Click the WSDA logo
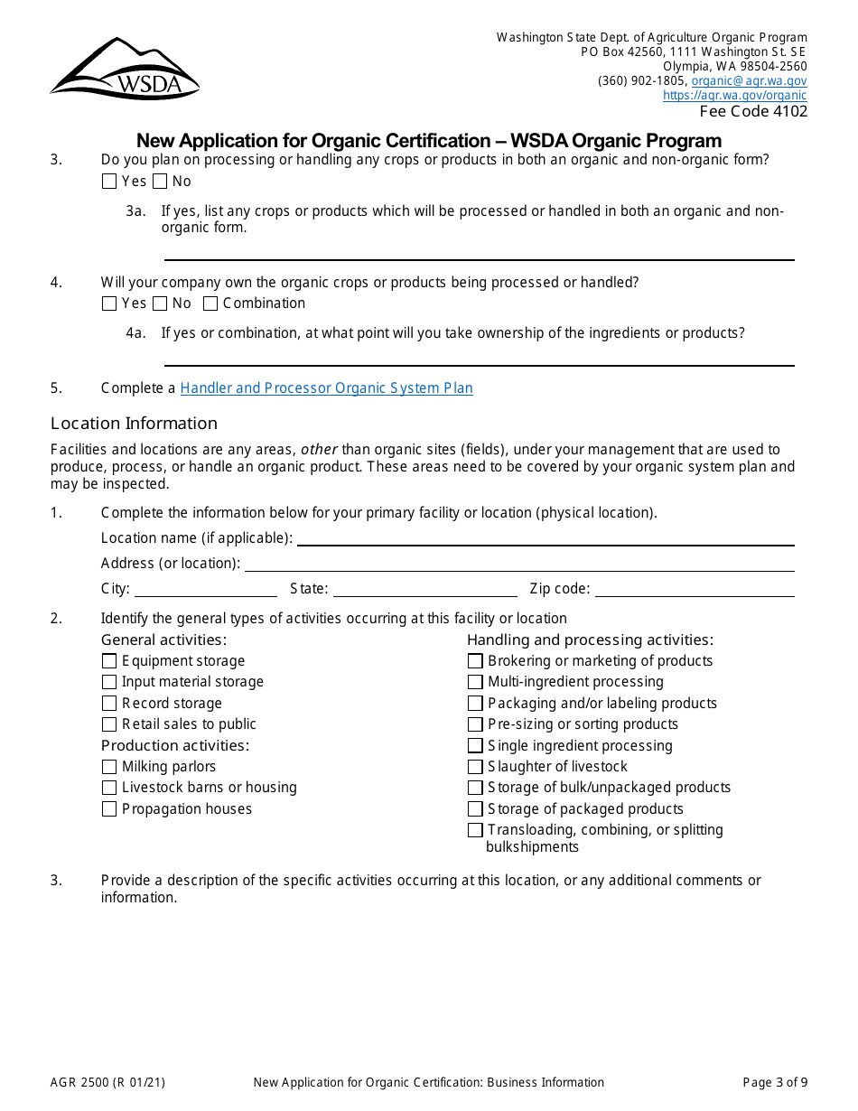pyautogui.click(x=125, y=69)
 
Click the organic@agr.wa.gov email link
pyautogui.click(x=749, y=80)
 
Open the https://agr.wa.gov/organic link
pyautogui.click(x=734, y=95)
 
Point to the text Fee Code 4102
pyautogui.click(x=753, y=111)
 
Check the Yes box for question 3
pyautogui.click(x=109, y=181)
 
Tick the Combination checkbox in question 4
pyautogui.click(x=210, y=303)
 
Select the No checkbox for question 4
pyautogui.click(x=160, y=303)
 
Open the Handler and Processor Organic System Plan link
pyautogui.click(x=326, y=387)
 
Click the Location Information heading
pyautogui.click(x=134, y=423)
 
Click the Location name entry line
pyautogui.click(x=546, y=538)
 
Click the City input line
pyautogui.click(x=206, y=590)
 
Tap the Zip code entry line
pyautogui.click(x=694, y=590)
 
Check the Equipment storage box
pyautogui.click(x=109, y=661)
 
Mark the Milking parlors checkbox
pyautogui.click(x=109, y=767)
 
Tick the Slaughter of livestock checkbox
pyautogui.click(x=475, y=767)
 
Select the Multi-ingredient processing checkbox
pyautogui.click(x=475, y=682)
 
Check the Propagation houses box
pyautogui.click(x=109, y=809)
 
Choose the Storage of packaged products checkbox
pyautogui.click(x=475, y=809)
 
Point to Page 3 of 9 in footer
pyautogui.click(x=775, y=1082)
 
